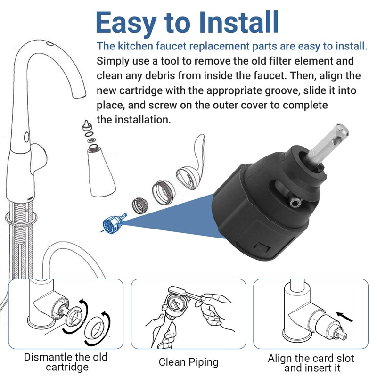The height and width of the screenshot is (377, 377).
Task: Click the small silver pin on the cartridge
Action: [295, 202]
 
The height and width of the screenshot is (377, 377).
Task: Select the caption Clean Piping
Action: [188, 362]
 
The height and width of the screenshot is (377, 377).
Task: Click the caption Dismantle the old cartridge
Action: [66, 362]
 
